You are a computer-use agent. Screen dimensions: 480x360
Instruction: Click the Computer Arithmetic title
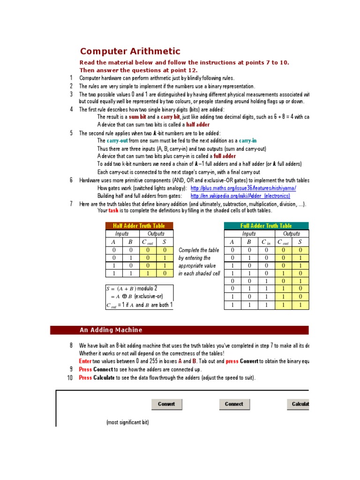(130, 52)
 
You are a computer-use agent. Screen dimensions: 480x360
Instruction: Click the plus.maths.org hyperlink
(243, 188)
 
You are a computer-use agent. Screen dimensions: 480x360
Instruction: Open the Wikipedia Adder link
(240, 195)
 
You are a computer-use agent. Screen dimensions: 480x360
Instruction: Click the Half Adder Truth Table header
(139, 225)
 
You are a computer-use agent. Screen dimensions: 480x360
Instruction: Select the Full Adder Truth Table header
(266, 225)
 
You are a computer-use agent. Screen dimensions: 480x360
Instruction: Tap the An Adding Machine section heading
(111, 330)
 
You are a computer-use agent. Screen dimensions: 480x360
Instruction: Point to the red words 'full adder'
(225, 156)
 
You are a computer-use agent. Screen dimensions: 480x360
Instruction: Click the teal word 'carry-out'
(117, 141)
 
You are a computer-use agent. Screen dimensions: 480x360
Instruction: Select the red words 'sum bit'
(138, 117)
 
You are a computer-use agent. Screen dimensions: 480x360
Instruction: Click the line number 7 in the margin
(71, 203)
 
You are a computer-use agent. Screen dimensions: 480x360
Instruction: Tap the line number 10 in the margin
(70, 378)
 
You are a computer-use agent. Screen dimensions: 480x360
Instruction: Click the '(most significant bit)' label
(127, 422)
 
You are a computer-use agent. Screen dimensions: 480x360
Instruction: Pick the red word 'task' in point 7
(114, 210)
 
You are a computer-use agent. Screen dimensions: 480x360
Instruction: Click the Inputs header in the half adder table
(122, 233)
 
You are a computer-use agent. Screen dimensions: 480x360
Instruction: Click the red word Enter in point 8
(85, 361)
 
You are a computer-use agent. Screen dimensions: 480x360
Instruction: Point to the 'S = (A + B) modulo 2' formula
(132, 288)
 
